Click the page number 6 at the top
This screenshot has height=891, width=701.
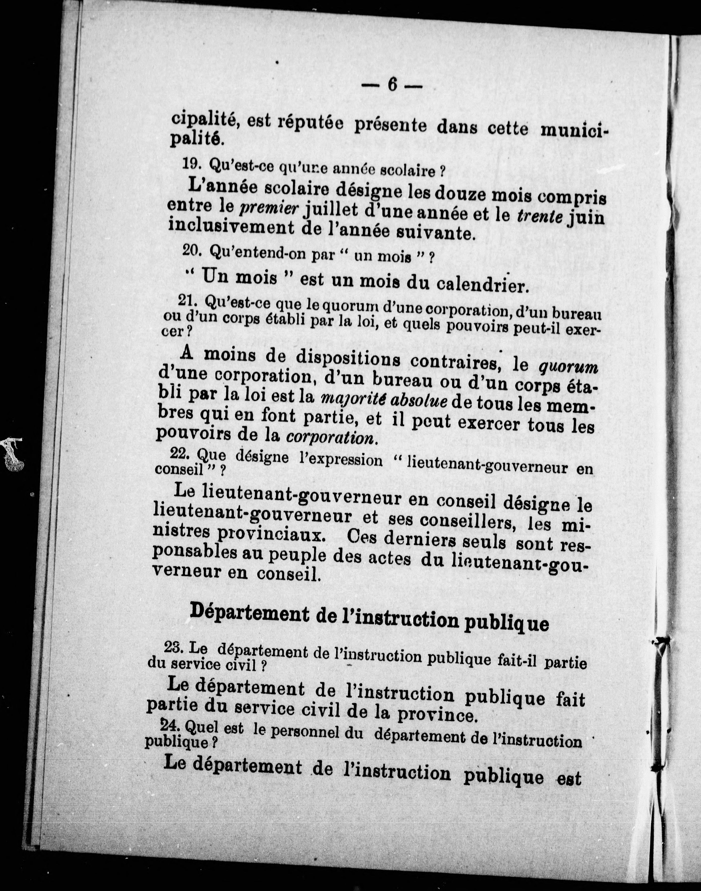(x=392, y=85)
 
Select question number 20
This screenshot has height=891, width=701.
(x=191, y=251)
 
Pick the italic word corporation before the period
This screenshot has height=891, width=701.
(x=330, y=437)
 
